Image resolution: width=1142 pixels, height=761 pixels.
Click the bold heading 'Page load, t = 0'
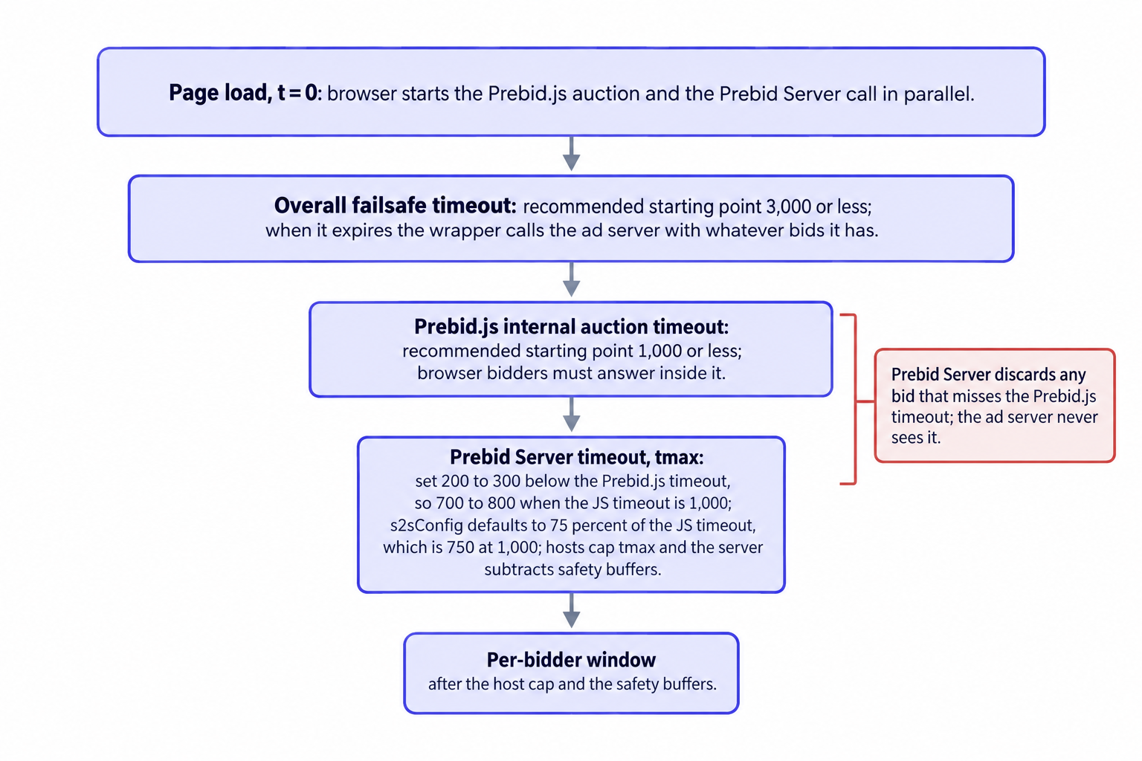243,94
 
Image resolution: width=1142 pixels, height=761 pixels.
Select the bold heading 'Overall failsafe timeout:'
395,205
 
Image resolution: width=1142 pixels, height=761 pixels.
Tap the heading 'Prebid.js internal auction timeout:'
571,327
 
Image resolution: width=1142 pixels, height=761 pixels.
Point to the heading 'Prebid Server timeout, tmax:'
576,457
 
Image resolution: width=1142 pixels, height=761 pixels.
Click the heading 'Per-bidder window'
571,660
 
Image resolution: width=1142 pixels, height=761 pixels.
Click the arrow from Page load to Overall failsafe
571,153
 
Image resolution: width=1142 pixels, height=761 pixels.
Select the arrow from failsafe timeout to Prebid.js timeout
571,279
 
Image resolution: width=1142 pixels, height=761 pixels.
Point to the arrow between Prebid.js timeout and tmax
571,415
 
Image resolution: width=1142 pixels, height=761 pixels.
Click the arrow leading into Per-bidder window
571,610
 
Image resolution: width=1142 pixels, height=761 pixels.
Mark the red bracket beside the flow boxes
856,399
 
